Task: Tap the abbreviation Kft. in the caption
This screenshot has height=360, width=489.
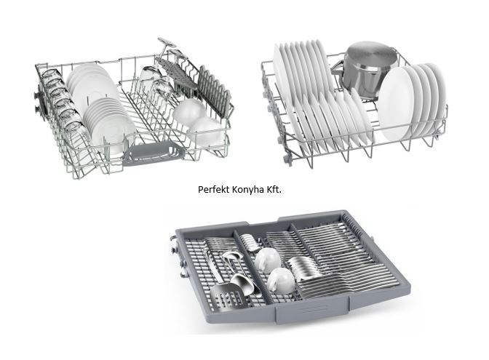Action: [x=274, y=190]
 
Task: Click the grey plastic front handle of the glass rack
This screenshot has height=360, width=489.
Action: [x=153, y=153]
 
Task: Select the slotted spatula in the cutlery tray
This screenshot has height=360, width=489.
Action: [x=226, y=295]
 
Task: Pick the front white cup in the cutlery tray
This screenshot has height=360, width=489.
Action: [x=280, y=280]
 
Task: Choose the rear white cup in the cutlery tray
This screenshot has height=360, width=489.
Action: [x=268, y=260]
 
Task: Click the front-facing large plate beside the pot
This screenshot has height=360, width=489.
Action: [x=395, y=105]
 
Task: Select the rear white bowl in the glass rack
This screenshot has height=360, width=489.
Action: [x=189, y=111]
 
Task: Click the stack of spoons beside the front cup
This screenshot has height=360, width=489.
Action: [x=304, y=268]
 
